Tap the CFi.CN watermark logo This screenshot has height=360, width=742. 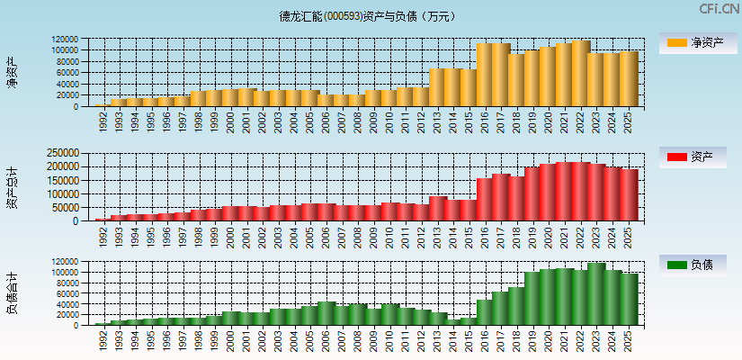click(718, 9)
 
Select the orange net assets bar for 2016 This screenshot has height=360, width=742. click(485, 75)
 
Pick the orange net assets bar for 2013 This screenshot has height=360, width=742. click(437, 87)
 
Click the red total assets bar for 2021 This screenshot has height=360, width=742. click(565, 192)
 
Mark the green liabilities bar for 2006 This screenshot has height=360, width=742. click(326, 313)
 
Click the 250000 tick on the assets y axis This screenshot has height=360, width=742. click(73, 154)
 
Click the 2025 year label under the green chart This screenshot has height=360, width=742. click(629, 340)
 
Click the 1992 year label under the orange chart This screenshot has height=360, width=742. click(104, 121)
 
